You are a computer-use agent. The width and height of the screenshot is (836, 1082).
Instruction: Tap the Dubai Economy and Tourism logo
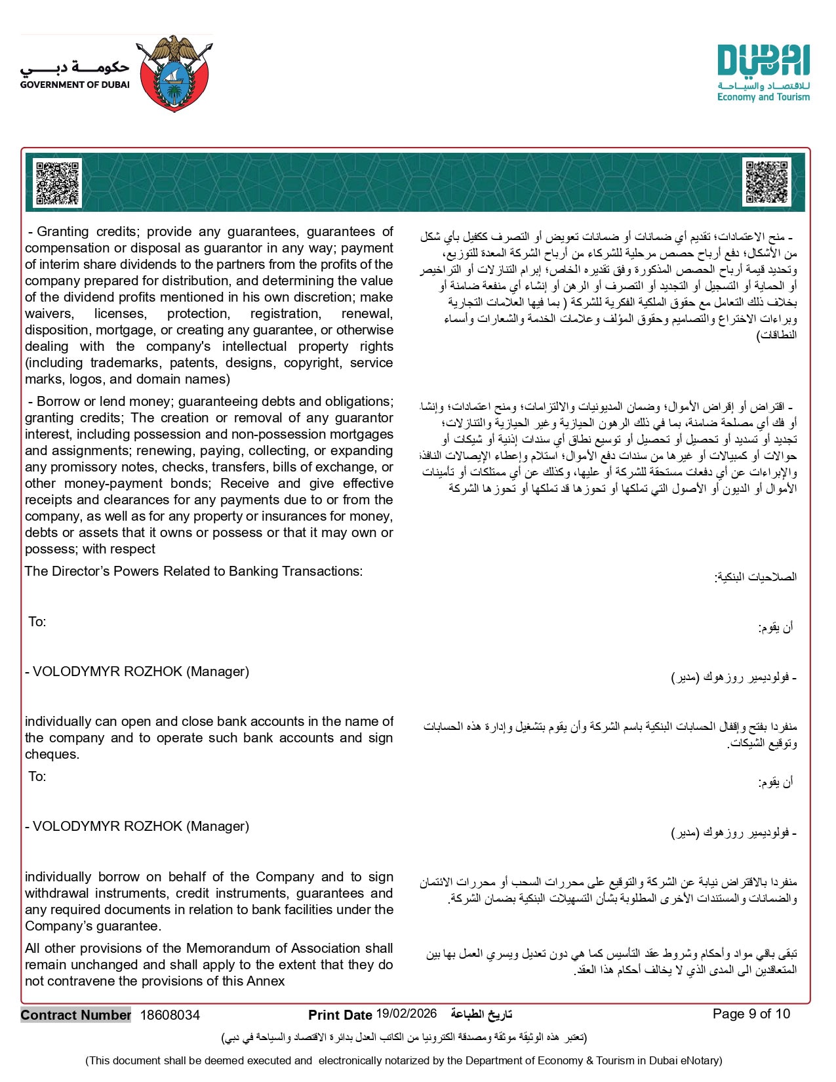tap(763, 73)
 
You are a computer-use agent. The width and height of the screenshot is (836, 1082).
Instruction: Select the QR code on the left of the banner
tap(57, 183)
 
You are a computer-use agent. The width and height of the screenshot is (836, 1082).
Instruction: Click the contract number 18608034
tap(170, 1015)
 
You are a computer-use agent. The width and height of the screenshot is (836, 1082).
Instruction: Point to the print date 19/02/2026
tap(407, 1014)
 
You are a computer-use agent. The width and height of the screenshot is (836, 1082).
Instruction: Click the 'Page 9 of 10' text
tap(751, 1014)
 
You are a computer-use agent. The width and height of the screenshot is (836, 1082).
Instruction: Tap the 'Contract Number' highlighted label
tap(76, 1015)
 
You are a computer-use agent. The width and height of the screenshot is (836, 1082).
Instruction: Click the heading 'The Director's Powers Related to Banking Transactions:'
tap(193, 571)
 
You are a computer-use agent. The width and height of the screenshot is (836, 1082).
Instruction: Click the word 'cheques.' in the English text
tap(52, 754)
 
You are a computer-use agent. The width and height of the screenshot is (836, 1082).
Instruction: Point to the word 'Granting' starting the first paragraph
tap(63, 231)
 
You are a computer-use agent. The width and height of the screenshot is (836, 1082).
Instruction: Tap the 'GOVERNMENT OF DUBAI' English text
tap(75, 85)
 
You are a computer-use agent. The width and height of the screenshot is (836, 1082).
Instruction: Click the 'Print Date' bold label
tap(340, 1015)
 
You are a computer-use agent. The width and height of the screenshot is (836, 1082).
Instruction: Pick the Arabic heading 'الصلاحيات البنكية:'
tap(755, 577)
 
